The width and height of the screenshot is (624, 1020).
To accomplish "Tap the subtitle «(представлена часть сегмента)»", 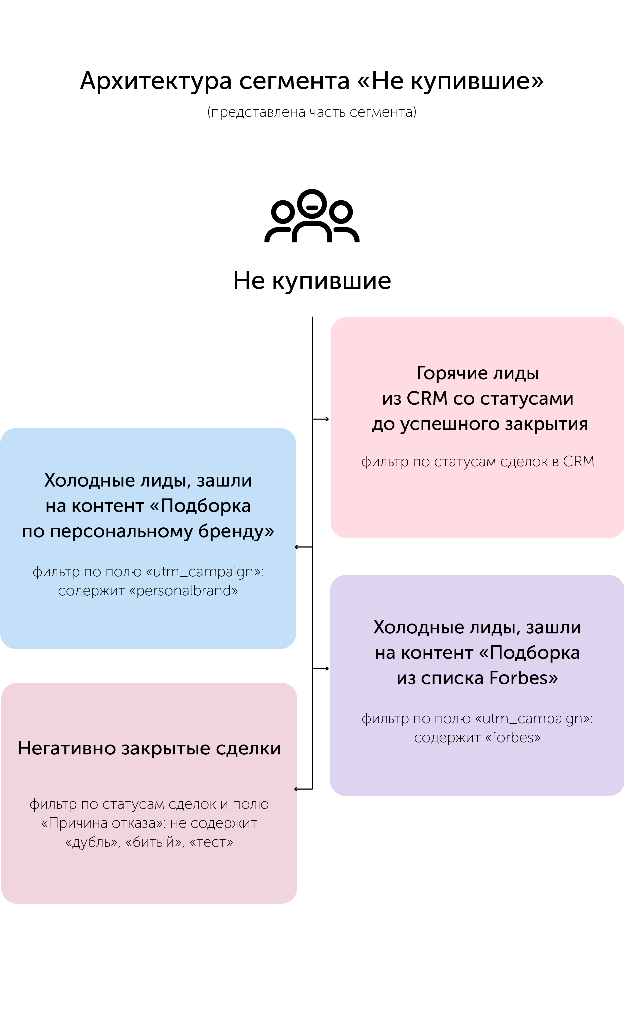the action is coord(312,112).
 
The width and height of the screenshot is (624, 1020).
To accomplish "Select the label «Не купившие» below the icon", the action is coord(312,281).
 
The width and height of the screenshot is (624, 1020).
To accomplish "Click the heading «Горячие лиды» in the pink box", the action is coord(477,373).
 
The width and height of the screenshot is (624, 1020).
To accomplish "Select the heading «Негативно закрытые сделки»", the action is coord(149,748).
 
